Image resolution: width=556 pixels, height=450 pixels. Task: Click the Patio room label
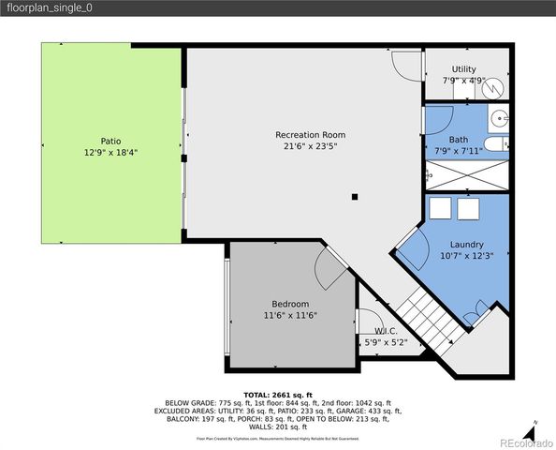point(110,142)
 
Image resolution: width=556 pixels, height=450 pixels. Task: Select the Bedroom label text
point(290,304)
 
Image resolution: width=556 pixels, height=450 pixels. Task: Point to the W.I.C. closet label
point(388,331)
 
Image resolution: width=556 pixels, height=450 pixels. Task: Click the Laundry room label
point(466,245)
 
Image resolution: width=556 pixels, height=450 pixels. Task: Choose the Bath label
point(458,140)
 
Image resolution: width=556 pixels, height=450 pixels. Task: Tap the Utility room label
point(463,69)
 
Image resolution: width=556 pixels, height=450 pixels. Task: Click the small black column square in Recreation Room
point(355,197)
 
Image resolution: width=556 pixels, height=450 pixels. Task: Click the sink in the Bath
point(500,119)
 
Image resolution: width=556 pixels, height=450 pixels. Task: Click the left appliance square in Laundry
point(440,207)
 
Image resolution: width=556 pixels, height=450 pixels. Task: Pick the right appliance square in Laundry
point(466,207)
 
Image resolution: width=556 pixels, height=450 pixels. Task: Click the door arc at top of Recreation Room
point(406,64)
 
